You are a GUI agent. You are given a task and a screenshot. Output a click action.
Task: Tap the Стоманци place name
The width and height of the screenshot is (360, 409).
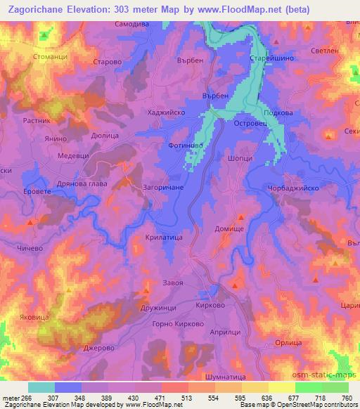pos(49,56)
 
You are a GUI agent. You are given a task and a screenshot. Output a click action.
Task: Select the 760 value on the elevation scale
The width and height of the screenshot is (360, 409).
pos(347,397)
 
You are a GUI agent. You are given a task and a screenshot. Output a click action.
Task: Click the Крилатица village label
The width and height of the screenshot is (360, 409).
pos(165,238)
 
